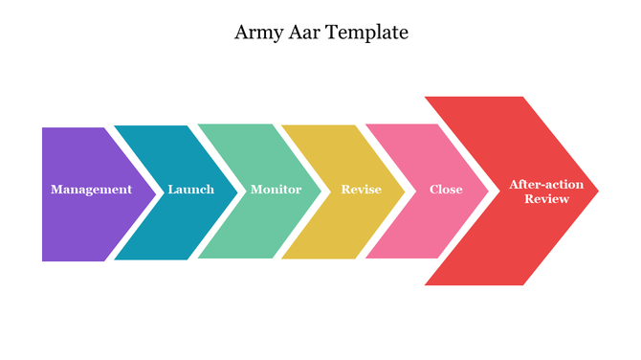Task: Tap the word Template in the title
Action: click(367, 33)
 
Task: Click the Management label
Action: click(91, 190)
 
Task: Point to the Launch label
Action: click(190, 190)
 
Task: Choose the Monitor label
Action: click(276, 190)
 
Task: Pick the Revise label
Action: click(361, 190)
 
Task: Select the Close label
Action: click(446, 190)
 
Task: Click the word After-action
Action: click(540, 183)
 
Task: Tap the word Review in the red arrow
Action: click(546, 199)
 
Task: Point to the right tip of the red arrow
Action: click(596, 191)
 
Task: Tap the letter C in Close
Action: click(433, 190)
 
